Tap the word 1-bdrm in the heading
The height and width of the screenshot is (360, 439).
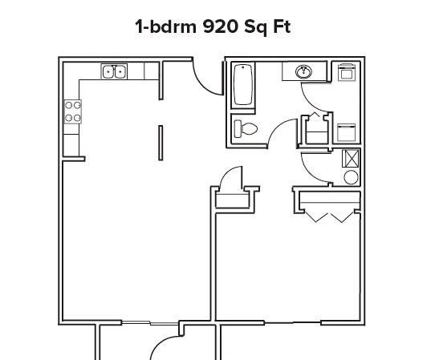(166, 26)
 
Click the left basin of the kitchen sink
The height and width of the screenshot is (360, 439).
(108, 72)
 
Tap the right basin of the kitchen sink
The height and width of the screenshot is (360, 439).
(120, 72)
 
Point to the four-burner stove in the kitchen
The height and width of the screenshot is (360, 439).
(73, 111)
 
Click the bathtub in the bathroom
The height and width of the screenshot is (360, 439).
(242, 85)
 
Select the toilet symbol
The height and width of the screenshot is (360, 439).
(246, 128)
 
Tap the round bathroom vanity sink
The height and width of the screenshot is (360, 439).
(303, 72)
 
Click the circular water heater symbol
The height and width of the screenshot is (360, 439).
(351, 177)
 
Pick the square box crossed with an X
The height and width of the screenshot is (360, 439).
(350, 158)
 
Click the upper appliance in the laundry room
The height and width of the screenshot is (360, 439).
(347, 72)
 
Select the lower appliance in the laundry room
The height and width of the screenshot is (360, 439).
(347, 132)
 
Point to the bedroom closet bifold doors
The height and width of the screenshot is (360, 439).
(329, 217)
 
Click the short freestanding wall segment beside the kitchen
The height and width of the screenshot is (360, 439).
(161, 143)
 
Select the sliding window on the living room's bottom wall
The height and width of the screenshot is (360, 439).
(150, 323)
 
